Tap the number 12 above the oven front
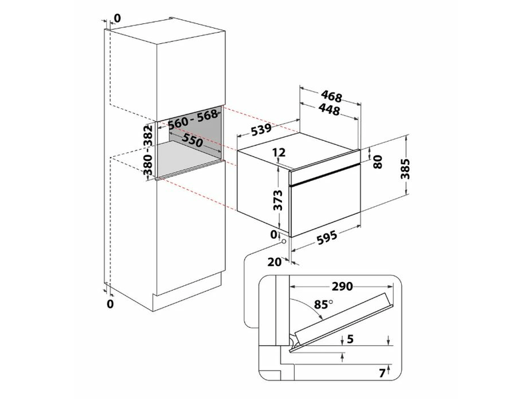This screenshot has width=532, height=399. [x=279, y=153]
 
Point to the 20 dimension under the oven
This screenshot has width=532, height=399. [x=275, y=261]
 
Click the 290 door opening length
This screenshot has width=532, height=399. [x=340, y=286]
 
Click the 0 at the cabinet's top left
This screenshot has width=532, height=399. [x=117, y=18]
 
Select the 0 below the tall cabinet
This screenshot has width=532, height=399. [x=111, y=304]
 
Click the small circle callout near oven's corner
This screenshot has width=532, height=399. [x=285, y=242]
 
